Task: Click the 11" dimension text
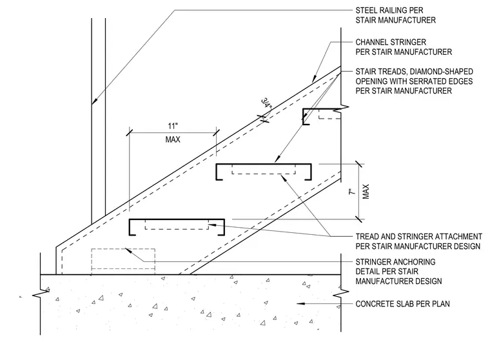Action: [x=173, y=126]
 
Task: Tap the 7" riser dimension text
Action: [x=352, y=192]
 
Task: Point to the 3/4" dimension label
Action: [x=266, y=103]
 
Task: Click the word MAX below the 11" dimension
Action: [x=173, y=139]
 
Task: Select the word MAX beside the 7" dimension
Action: [x=366, y=192]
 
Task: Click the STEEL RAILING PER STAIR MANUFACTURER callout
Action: [x=395, y=15]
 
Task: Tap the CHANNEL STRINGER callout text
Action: [x=404, y=47]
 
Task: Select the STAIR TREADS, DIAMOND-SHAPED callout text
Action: [x=414, y=81]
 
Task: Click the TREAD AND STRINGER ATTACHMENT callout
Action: [x=418, y=241]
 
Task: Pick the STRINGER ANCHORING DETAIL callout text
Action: [x=398, y=271]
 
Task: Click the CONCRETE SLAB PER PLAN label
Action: [x=402, y=304]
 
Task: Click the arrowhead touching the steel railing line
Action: [x=94, y=101]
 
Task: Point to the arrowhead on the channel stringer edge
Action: [x=314, y=79]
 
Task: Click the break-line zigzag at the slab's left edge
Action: [x=41, y=294]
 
